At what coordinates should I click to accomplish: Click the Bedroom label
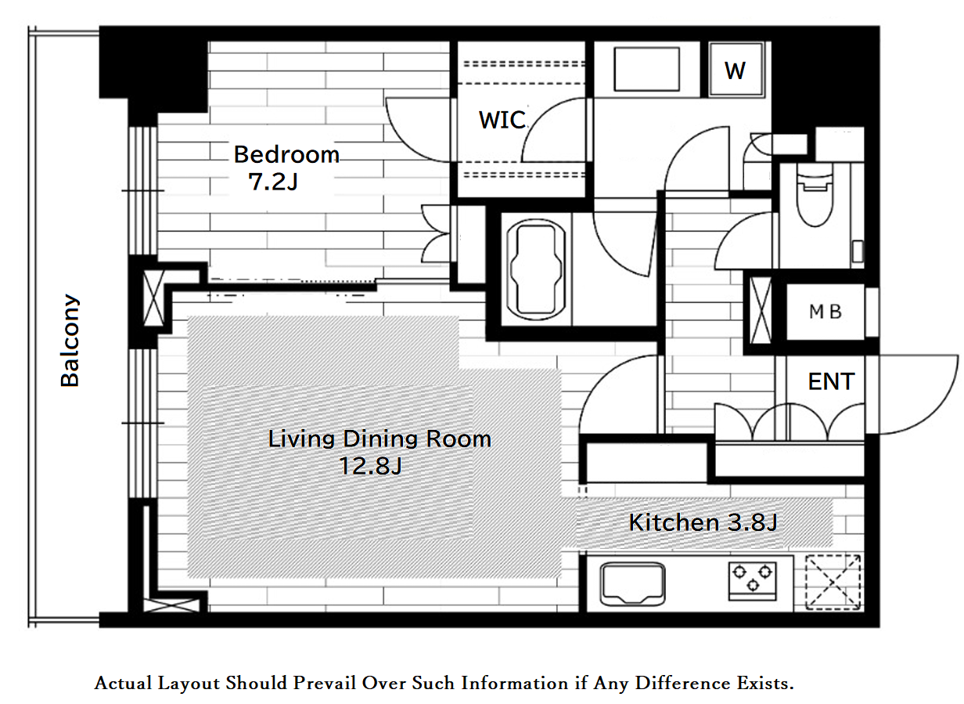click(286, 154)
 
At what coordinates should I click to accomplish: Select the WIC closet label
click(502, 120)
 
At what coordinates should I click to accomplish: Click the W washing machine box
click(736, 70)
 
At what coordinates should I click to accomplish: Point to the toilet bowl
click(815, 195)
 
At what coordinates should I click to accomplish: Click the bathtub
click(536, 269)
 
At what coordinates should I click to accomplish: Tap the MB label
click(825, 312)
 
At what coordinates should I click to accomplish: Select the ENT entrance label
click(831, 381)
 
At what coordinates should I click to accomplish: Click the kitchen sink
click(632, 584)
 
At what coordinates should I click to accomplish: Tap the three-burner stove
click(752, 581)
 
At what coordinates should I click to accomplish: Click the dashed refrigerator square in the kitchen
click(833, 583)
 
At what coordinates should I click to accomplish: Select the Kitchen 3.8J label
click(703, 522)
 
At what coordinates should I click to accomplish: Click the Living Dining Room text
click(379, 439)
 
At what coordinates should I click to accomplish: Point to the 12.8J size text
click(370, 466)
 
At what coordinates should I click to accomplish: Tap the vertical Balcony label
click(70, 341)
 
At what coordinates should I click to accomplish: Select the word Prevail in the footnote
click(324, 683)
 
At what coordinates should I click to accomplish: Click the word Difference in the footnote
click(684, 683)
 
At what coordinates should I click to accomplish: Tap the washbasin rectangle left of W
click(646, 70)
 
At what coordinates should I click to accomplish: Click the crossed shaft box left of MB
click(761, 310)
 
